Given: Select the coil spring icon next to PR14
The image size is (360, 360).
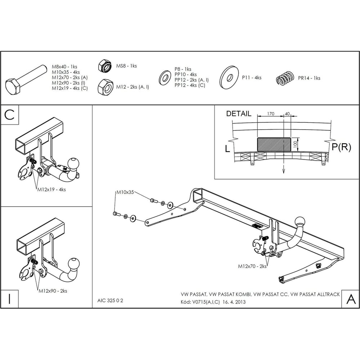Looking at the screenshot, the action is pyautogui.click(x=285, y=78).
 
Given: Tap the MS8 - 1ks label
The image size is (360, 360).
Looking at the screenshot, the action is pyautogui.click(x=126, y=66).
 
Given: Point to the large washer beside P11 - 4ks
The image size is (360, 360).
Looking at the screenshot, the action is pyautogui.click(x=229, y=78).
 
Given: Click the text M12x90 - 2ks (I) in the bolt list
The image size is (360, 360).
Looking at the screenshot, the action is pyautogui.click(x=68, y=83).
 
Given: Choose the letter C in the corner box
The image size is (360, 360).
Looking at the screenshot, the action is pyautogui.click(x=9, y=114).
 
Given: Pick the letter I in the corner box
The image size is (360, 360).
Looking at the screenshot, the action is pyautogui.click(x=9, y=299).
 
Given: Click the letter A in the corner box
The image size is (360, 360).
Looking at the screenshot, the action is pyautogui.click(x=351, y=299).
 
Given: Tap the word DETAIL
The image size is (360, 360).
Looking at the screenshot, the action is pyautogui.click(x=239, y=114).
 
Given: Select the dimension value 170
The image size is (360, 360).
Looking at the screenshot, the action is pyautogui.click(x=271, y=114).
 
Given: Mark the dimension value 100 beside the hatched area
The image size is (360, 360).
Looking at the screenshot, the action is pyautogui.click(x=296, y=144).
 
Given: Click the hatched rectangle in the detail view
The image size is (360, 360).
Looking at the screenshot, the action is pyautogui.click(x=274, y=144).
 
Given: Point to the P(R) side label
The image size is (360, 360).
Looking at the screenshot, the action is pyautogui.click(x=341, y=147).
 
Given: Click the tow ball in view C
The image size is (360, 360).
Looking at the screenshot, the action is pyautogui.click(x=74, y=163).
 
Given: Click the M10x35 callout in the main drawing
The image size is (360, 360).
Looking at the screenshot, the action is pyautogui.click(x=125, y=192).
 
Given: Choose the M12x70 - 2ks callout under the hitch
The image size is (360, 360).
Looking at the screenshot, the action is pyautogui.click(x=252, y=266).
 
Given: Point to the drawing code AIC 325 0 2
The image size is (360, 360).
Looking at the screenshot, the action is pyautogui.click(x=110, y=301).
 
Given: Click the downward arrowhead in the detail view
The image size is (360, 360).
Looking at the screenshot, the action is pyautogui.click(x=284, y=171).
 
